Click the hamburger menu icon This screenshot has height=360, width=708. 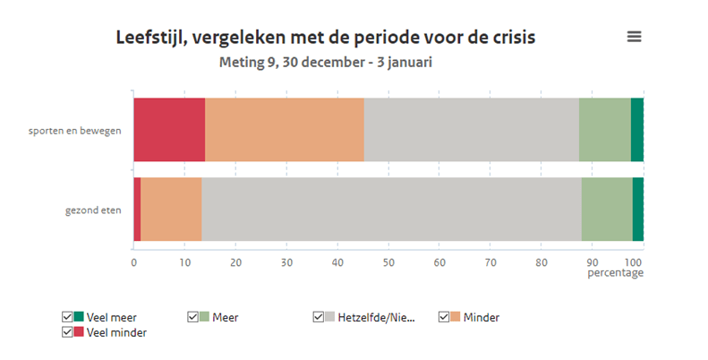(x=635, y=37)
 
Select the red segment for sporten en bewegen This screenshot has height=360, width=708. (x=169, y=130)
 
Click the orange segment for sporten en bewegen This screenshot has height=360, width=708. (x=285, y=130)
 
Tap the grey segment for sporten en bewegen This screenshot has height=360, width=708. (x=471, y=130)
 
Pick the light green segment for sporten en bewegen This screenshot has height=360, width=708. (x=604, y=130)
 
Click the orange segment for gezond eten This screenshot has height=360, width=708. (x=171, y=210)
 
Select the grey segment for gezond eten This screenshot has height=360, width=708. (x=391, y=210)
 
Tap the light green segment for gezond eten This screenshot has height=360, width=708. (x=607, y=210)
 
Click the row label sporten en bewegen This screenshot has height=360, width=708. (x=75, y=131)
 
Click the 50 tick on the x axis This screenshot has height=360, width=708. (x=388, y=262)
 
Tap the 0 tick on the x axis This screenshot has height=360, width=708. (x=134, y=262)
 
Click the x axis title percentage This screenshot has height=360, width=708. (x=615, y=273)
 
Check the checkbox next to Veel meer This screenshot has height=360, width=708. (x=67, y=317)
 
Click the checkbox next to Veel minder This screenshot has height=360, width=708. (x=67, y=332)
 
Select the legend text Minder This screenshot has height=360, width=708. (x=482, y=317)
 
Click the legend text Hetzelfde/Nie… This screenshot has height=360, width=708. (x=376, y=317)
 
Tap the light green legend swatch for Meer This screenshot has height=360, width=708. (x=204, y=317)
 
